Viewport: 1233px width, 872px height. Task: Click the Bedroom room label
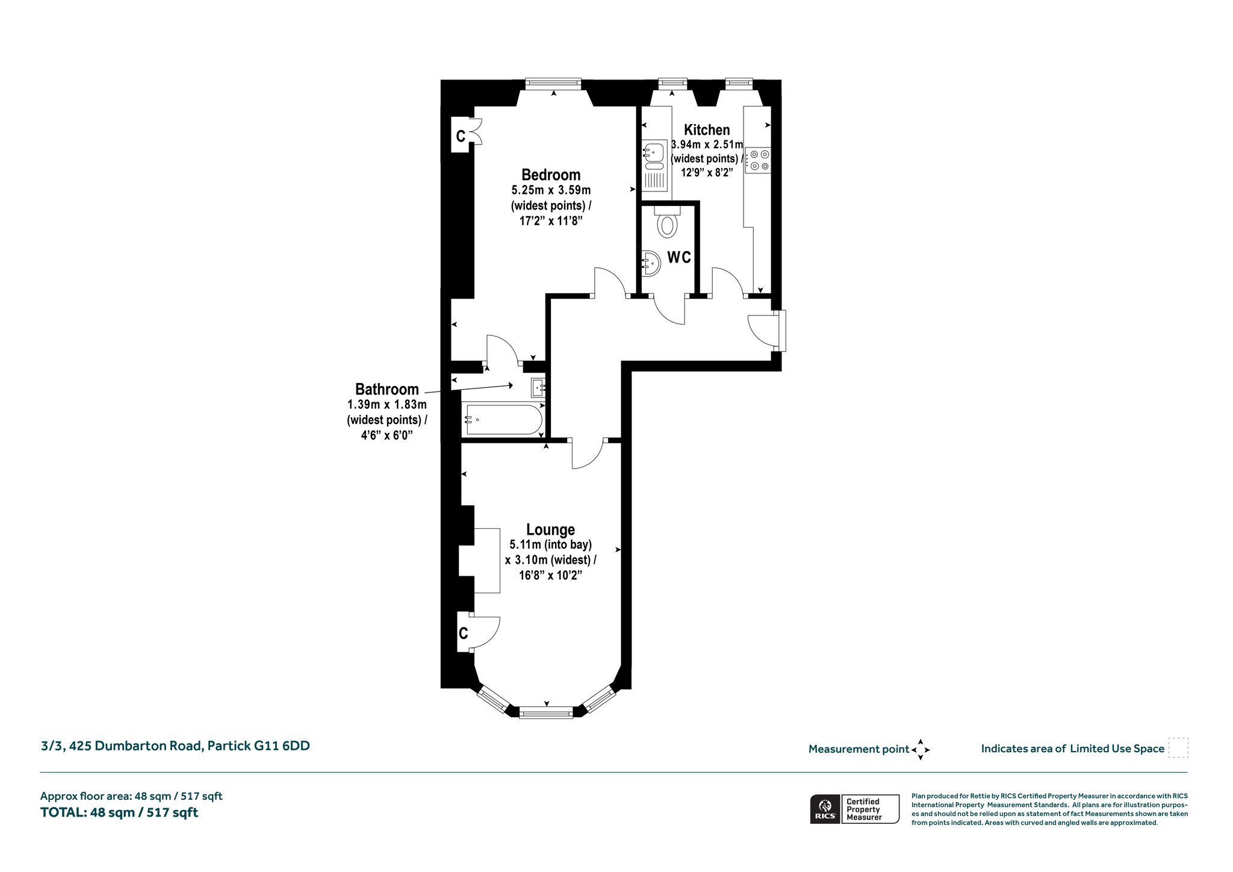pyautogui.click(x=551, y=175)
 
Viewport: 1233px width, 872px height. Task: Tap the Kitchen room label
pyautogui.click(x=707, y=129)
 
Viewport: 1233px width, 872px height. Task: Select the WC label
pyautogui.click(x=679, y=258)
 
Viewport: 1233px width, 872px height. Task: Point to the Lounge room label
pyautogui.click(x=550, y=530)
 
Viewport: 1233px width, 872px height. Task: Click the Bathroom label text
pyautogui.click(x=387, y=389)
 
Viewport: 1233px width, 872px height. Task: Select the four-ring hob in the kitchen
pyautogui.click(x=757, y=160)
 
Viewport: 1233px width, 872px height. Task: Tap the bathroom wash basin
pyautogui.click(x=538, y=387)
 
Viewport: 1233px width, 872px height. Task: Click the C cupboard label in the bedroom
pyautogui.click(x=461, y=137)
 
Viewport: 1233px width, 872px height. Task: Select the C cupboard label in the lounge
pyautogui.click(x=463, y=633)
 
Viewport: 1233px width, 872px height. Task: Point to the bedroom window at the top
pyautogui.click(x=553, y=84)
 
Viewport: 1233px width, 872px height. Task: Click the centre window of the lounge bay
pyautogui.click(x=546, y=714)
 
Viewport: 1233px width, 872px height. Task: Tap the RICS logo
pyautogui.click(x=824, y=808)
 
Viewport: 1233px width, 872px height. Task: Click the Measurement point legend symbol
pyautogui.click(x=921, y=750)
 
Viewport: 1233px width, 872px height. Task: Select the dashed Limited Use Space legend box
pyautogui.click(x=1178, y=748)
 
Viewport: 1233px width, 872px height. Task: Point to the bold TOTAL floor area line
pyautogui.click(x=119, y=812)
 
